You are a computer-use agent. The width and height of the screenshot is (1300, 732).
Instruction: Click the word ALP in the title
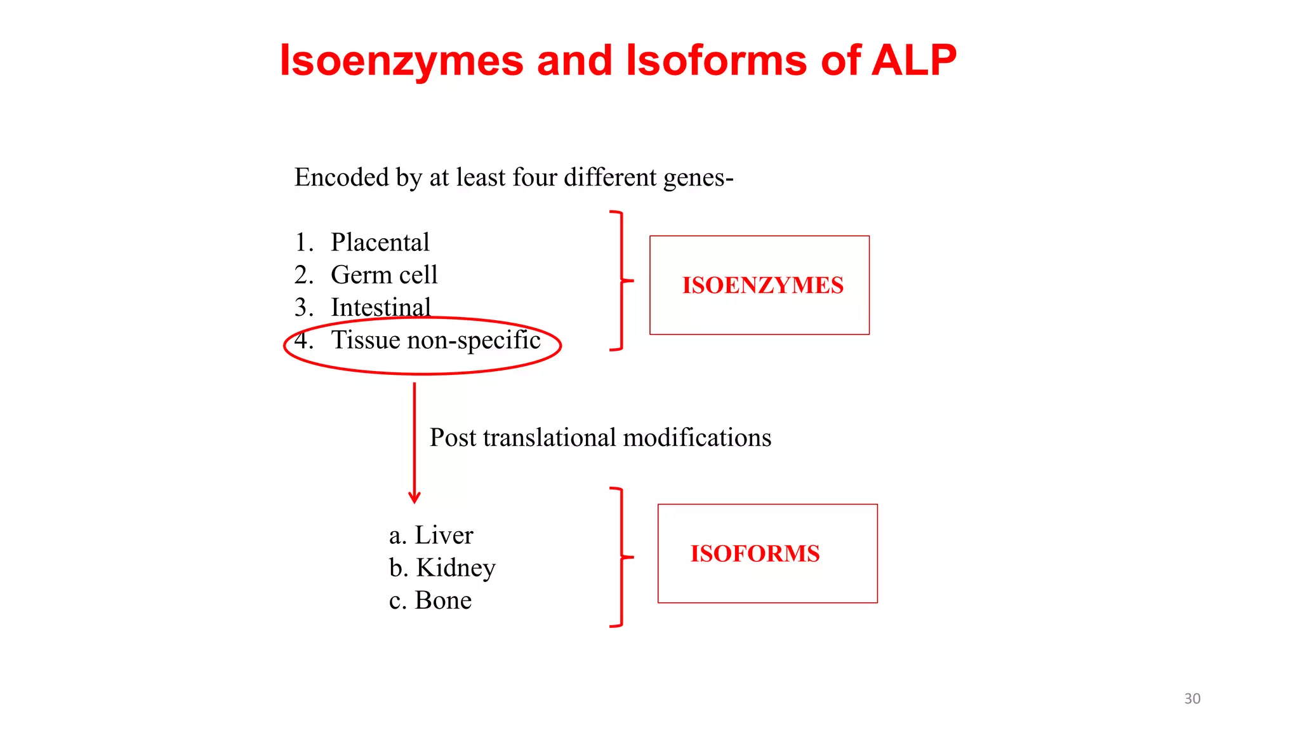point(914,60)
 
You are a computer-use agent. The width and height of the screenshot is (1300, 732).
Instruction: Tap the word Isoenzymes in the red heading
point(401,62)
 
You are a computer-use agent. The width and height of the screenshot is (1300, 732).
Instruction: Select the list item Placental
point(380,242)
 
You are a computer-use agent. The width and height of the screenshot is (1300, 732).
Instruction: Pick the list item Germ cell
point(384,274)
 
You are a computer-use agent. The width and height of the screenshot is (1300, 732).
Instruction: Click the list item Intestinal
point(381,307)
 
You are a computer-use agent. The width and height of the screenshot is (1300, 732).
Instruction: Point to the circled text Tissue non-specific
point(435,340)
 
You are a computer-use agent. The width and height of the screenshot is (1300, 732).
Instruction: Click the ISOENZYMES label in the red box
point(762,285)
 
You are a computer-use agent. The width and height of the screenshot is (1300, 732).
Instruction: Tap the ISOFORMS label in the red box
point(755,553)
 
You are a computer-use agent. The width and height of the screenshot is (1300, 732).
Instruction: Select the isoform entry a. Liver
point(431,535)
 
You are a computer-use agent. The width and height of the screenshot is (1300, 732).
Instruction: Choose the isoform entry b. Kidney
point(442,567)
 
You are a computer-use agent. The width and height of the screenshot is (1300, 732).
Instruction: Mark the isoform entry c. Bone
point(430,600)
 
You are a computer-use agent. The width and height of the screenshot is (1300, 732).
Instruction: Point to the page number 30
point(1192,698)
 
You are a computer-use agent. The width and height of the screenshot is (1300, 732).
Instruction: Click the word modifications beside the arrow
point(698,437)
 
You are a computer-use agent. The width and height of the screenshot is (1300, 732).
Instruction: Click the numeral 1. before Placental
point(303,242)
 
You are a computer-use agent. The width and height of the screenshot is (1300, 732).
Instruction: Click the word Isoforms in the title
point(716,60)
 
